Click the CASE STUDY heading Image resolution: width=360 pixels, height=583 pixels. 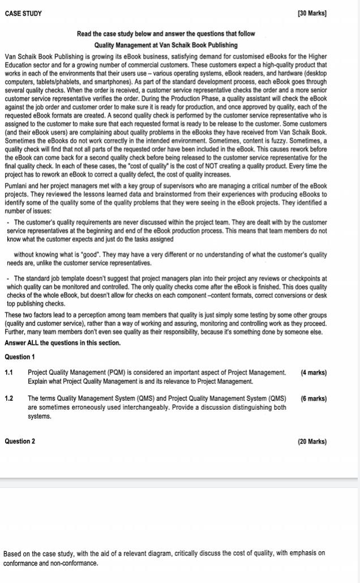point(23,13)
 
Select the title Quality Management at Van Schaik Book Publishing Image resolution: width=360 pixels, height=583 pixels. point(166,45)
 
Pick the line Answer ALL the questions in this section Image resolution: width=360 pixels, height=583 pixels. point(62,343)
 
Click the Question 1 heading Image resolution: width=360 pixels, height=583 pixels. point(20,357)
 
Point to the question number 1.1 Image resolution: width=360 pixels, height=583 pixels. point(9,372)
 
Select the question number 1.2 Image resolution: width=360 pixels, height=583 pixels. point(9,398)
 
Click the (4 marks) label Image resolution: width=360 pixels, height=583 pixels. point(314,372)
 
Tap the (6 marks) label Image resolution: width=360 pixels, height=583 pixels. point(314,398)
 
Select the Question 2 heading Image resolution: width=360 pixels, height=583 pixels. point(20,441)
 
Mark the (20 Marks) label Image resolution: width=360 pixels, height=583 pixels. point(312,441)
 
